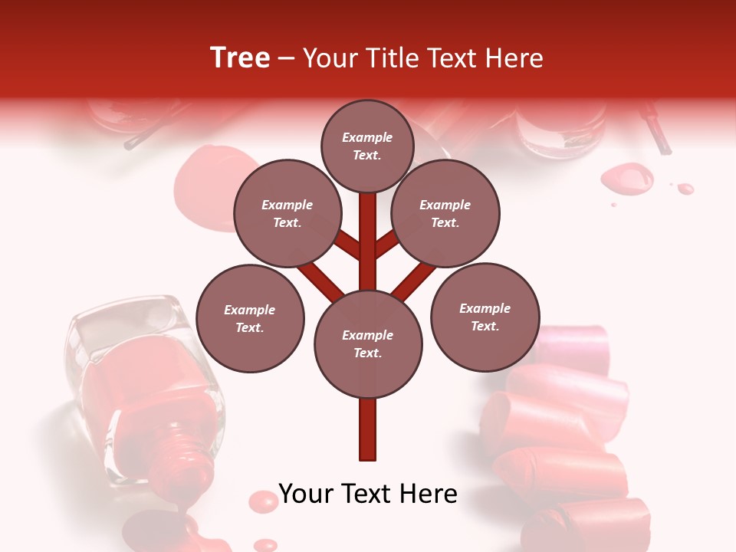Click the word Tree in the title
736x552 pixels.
[x=240, y=58]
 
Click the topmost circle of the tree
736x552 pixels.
[x=367, y=146]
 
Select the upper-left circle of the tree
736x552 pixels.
[x=287, y=213]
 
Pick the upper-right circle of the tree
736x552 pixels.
[x=445, y=213]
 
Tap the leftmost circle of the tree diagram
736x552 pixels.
[x=250, y=318]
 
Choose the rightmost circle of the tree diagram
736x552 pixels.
[x=485, y=317]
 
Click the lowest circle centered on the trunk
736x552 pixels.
[x=368, y=343]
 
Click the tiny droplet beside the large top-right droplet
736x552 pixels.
[x=685, y=188]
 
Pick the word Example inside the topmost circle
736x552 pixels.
[x=367, y=137]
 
